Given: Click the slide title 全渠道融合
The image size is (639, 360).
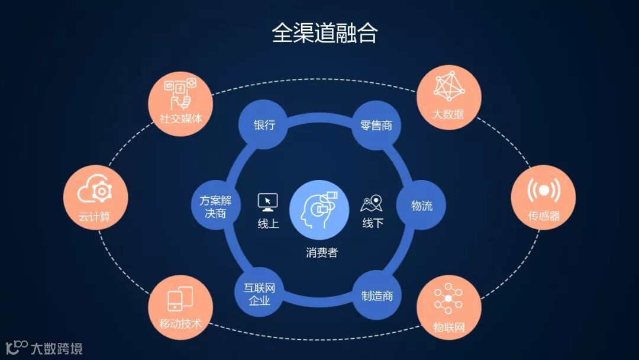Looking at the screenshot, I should pos(325,33).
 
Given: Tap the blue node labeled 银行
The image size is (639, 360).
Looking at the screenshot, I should pos(264,126).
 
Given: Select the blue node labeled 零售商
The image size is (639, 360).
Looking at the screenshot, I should pos(376,126).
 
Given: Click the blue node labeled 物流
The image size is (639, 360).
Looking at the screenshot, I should pos(421,206).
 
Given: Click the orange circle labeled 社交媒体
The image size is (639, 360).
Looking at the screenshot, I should pos(181,104).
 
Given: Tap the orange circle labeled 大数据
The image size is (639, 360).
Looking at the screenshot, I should pos(448,97).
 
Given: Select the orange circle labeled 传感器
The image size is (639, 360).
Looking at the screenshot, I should pos(543,198).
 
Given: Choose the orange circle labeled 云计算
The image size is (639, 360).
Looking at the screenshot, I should pos(95,198).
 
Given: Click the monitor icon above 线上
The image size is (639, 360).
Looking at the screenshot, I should pos(268,202).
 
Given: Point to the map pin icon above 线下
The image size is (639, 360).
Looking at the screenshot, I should pos(372,203).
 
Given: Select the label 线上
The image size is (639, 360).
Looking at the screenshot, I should pos(268,223).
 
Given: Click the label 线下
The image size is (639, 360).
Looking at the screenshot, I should pos(373,223).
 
